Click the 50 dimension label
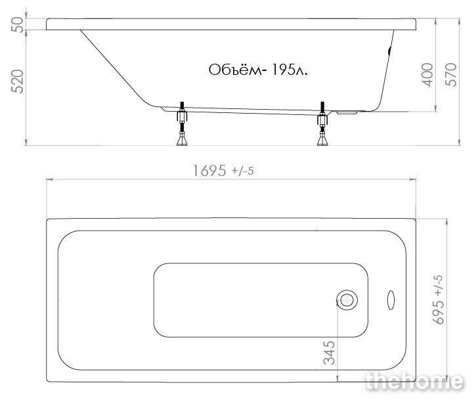pyautogui.click(x=18, y=24)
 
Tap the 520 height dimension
pyautogui.click(x=17, y=81)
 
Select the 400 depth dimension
pyautogui.click(x=427, y=75)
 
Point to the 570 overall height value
pyautogui.click(x=451, y=75)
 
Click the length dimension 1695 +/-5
pyautogui.click(x=223, y=171)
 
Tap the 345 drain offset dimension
pyautogui.click(x=330, y=353)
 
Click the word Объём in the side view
pyautogui.click(x=235, y=70)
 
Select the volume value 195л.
pyautogui.click(x=290, y=70)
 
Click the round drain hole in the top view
pyautogui.click(x=347, y=300)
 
